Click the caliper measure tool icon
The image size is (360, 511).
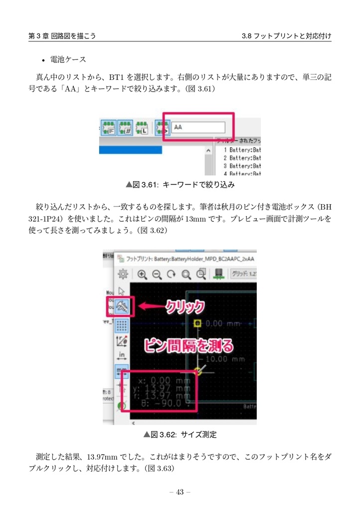point(121,306)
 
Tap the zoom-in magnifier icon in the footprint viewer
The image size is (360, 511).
point(142,273)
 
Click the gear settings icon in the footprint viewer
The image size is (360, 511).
point(123,273)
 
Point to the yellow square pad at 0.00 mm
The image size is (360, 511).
point(197,324)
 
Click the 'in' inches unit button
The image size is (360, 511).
point(121,355)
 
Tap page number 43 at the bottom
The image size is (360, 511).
point(180,493)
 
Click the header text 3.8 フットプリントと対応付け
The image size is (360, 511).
point(286,36)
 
